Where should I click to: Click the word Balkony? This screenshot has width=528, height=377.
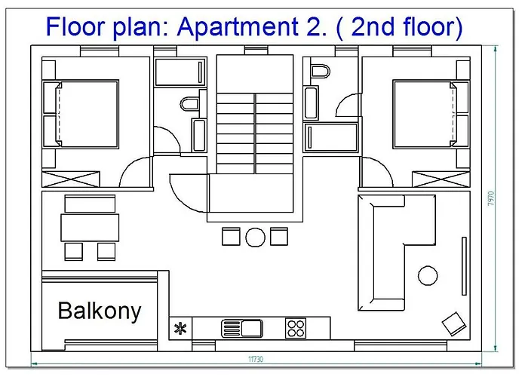(100, 311)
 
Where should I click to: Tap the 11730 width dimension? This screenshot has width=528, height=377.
(256, 359)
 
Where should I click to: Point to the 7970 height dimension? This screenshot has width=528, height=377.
(491, 199)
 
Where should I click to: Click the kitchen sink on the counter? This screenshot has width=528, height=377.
(242, 328)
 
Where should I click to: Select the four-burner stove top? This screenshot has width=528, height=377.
(296, 328)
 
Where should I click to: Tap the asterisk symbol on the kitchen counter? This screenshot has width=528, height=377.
(180, 328)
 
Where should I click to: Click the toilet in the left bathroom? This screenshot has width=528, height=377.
(189, 104)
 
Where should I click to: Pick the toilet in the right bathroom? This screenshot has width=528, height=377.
(321, 72)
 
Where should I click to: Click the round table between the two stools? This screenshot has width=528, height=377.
(255, 238)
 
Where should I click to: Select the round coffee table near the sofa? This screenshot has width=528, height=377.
(428, 276)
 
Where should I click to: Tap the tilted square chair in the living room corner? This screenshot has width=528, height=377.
(454, 323)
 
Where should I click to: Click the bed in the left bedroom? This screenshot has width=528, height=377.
(81, 114)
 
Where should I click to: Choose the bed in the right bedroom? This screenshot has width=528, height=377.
(431, 114)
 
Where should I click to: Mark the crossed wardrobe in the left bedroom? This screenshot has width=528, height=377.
(71, 179)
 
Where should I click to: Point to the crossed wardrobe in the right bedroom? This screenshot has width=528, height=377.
(441, 179)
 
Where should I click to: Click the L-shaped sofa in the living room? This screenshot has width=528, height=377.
(387, 253)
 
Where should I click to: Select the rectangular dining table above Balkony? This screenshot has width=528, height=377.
(90, 227)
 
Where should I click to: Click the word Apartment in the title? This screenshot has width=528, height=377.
(238, 27)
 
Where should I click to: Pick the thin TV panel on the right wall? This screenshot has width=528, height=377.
(464, 266)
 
